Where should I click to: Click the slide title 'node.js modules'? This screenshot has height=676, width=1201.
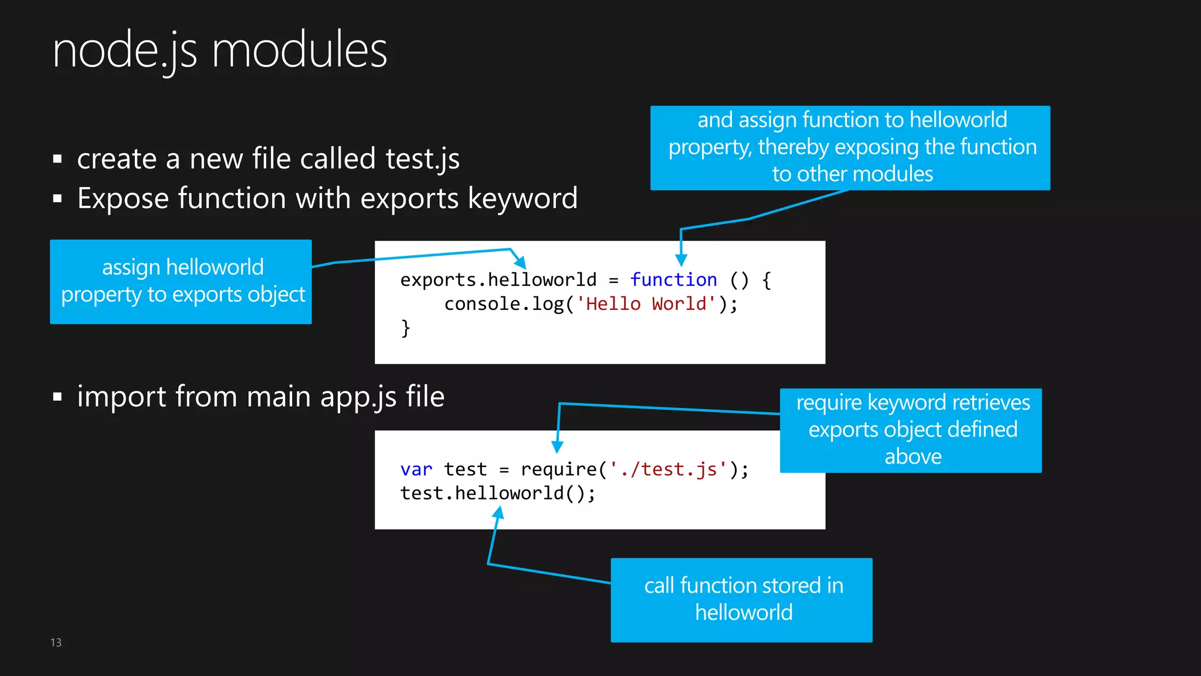pos(219,52)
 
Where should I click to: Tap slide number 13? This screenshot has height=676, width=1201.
pos(56,643)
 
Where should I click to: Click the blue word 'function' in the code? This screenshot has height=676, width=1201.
pos(673,280)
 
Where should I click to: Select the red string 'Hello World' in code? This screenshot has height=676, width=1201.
pos(646,304)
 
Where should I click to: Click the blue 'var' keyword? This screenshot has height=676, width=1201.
pos(416,469)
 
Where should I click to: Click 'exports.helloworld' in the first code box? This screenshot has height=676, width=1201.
pos(498,280)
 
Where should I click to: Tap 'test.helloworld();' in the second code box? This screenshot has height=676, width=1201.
pos(497,494)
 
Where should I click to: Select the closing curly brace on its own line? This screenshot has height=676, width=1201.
pos(405,328)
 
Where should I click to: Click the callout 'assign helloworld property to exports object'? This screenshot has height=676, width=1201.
pos(181,282)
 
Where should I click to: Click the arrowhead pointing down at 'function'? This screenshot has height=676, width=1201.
pos(681,260)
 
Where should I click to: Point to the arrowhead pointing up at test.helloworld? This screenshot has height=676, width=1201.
pos(498,513)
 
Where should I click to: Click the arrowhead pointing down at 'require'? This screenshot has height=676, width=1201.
pos(558,447)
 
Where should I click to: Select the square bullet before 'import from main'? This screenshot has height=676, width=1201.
pos(57,397)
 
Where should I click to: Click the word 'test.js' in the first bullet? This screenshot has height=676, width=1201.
pos(422,159)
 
